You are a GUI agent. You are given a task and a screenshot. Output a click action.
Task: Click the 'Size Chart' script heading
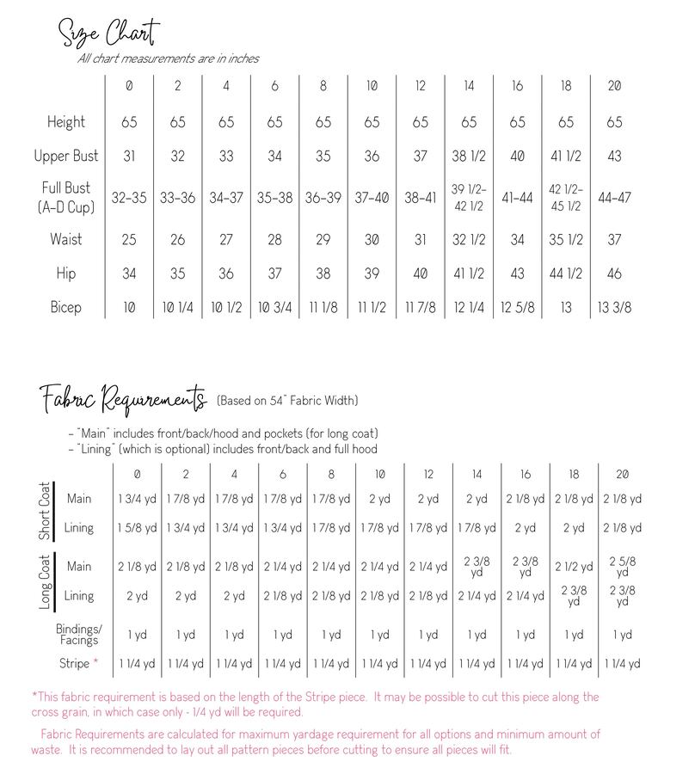(108, 35)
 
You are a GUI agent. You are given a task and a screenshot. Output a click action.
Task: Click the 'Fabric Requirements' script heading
(123, 400)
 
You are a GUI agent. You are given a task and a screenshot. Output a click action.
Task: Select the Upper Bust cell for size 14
(469, 156)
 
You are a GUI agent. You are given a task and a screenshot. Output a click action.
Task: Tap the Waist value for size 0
(129, 240)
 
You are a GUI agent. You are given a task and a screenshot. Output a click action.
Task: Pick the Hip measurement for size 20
(614, 273)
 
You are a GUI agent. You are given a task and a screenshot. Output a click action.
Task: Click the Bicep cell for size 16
(517, 307)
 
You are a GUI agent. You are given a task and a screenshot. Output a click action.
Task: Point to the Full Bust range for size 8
(323, 197)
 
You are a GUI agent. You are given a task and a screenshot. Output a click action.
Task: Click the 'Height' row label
(66, 122)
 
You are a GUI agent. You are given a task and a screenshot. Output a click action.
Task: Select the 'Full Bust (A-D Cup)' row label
(66, 197)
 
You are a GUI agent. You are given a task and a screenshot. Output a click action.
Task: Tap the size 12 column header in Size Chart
(420, 86)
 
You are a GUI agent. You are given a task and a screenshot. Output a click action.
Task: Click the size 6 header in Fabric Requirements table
(283, 474)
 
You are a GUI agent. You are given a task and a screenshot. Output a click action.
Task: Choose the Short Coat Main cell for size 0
(138, 499)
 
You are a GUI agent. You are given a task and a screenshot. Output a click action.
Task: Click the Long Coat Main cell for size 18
(575, 567)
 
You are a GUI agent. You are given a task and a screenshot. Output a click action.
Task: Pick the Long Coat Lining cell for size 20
(623, 595)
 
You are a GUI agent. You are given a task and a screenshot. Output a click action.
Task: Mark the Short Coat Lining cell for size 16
(526, 528)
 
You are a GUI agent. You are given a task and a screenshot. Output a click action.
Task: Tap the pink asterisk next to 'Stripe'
(96, 663)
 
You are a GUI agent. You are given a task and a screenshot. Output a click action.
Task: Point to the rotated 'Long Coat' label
(45, 581)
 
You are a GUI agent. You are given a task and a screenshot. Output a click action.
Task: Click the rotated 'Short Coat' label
(45, 512)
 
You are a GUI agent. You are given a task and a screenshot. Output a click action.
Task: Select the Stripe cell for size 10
(380, 664)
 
